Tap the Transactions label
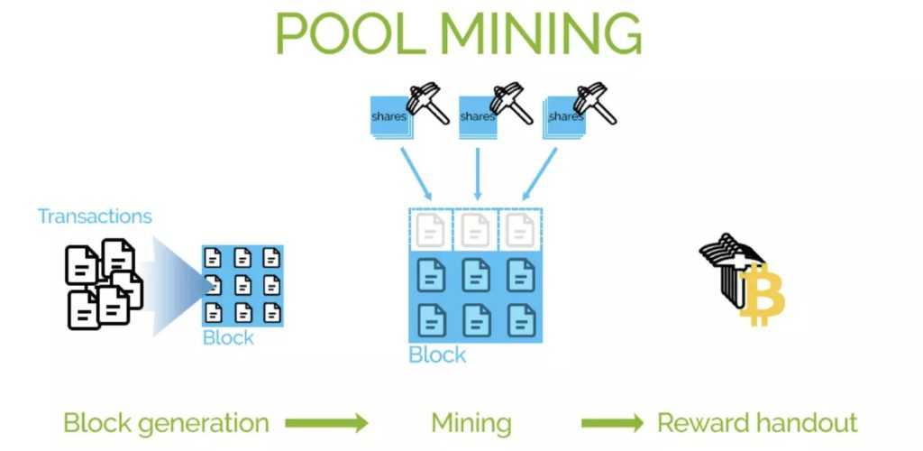(95, 216)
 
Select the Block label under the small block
(228, 338)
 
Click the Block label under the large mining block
(437, 354)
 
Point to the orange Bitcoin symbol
(763, 294)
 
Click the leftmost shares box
(390, 118)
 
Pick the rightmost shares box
(565, 118)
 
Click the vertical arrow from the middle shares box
(477, 171)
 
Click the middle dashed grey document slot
(476, 231)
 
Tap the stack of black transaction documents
(102, 283)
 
